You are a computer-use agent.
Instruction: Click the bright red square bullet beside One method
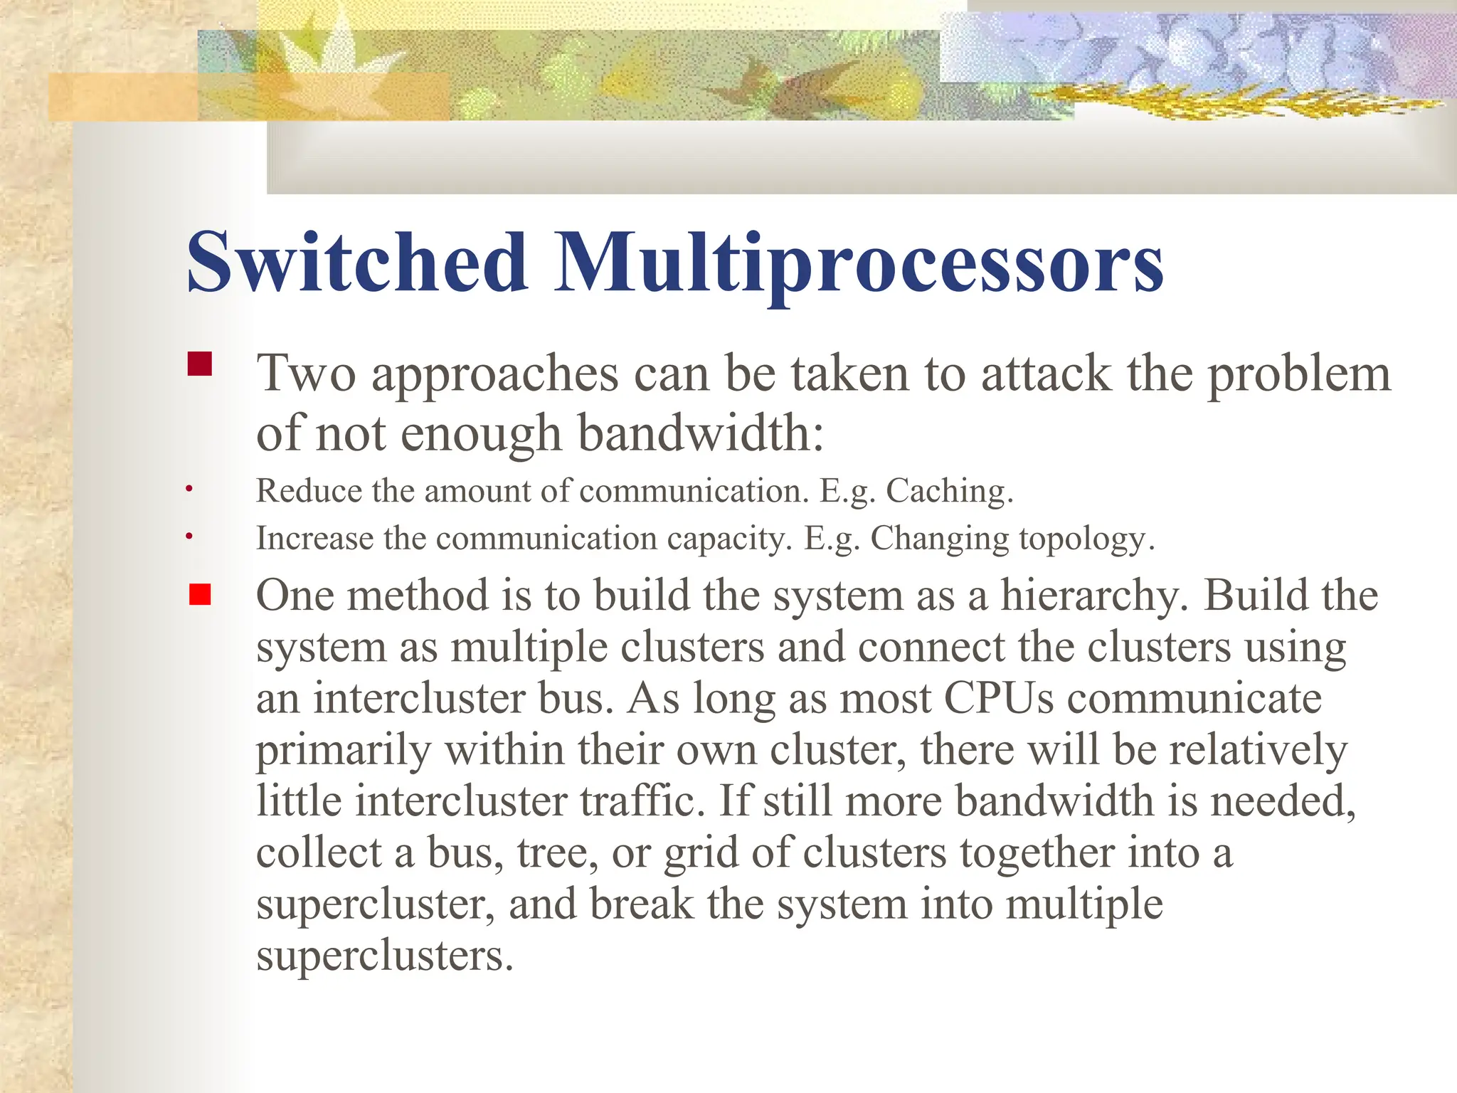click(x=200, y=594)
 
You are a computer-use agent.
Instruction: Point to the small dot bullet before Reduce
click(x=189, y=489)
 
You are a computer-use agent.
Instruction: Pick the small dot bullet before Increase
click(x=189, y=536)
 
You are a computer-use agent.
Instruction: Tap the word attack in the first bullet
click(x=1046, y=374)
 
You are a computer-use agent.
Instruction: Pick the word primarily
click(x=344, y=751)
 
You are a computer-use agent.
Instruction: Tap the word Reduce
click(x=309, y=491)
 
